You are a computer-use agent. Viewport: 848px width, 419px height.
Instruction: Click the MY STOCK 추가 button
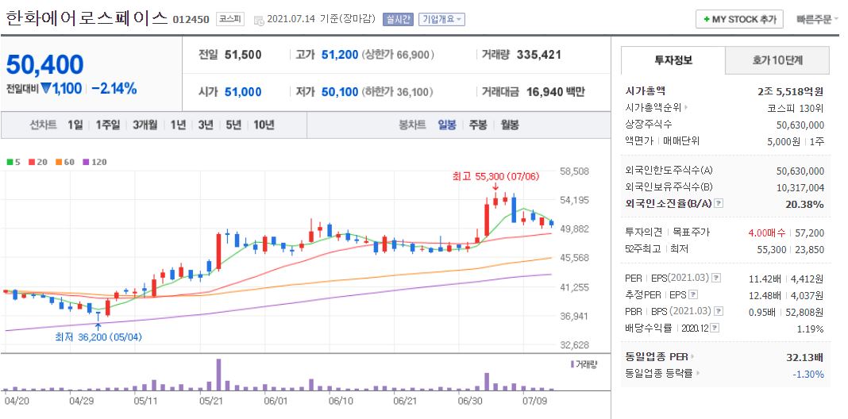pyautogui.click(x=739, y=19)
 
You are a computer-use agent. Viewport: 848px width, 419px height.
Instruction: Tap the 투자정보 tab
pyautogui.click(x=673, y=60)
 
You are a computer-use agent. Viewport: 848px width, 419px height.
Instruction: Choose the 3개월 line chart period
pyautogui.click(x=146, y=125)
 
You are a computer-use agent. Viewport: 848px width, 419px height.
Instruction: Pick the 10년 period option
pyautogui.click(x=263, y=125)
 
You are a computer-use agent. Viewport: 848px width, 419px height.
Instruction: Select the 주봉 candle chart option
pyautogui.click(x=477, y=125)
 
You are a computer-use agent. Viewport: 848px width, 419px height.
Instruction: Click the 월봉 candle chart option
pyautogui.click(x=509, y=125)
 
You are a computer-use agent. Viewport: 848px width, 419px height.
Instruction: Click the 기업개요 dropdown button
pyautogui.click(x=441, y=19)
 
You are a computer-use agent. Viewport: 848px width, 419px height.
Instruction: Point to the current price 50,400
pyautogui.click(x=45, y=64)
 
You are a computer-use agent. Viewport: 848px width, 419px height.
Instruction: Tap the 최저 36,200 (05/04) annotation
pyautogui.click(x=98, y=336)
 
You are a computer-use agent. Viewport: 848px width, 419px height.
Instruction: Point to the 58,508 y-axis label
pyautogui.click(x=574, y=171)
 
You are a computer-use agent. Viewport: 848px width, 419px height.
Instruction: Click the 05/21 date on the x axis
pyautogui.click(x=210, y=402)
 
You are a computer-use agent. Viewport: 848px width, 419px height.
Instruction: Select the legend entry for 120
pyautogui.click(x=94, y=162)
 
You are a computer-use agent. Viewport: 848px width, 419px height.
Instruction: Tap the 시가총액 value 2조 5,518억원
pyautogui.click(x=790, y=91)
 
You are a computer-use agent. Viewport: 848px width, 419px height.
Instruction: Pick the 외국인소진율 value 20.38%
pyautogui.click(x=805, y=204)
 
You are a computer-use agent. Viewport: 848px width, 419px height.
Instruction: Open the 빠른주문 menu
pyautogui.click(x=816, y=19)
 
